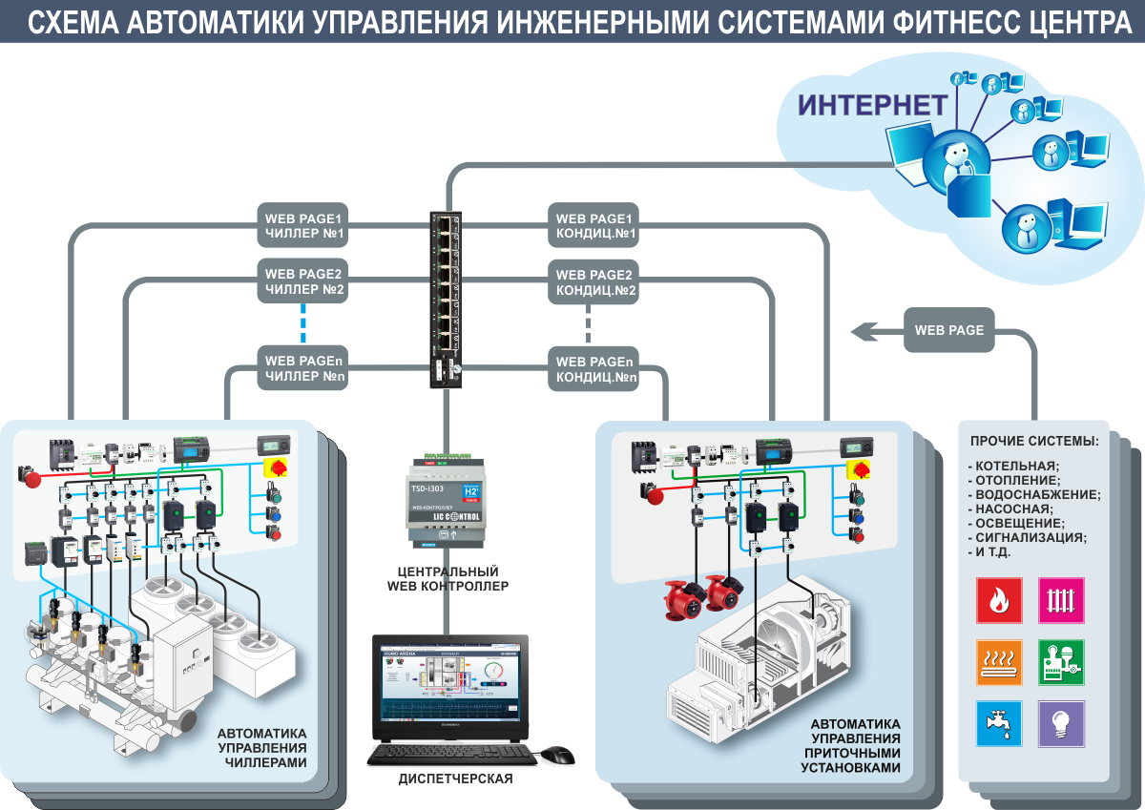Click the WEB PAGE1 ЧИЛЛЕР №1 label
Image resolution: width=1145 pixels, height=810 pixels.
click(304, 225)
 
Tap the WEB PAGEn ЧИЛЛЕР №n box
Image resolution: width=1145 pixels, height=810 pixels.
click(304, 368)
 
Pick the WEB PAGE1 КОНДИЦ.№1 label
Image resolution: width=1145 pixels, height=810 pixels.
click(595, 225)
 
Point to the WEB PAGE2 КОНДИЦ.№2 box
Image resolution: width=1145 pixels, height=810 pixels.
click(595, 282)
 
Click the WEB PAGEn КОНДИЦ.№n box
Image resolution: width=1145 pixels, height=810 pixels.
click(595, 368)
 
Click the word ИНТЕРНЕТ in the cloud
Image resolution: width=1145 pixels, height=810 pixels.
click(872, 105)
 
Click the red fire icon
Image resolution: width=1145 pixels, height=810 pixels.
click(999, 600)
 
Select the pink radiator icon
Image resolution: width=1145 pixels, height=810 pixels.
click(1061, 600)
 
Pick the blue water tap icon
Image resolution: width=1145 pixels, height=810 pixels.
click(999, 723)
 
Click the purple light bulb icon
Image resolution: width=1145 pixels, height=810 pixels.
click(1061, 723)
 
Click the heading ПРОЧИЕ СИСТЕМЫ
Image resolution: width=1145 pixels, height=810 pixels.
click(1033, 441)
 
